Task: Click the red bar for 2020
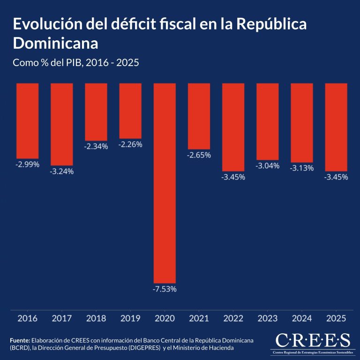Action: (x=165, y=183)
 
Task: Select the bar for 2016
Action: (x=27, y=121)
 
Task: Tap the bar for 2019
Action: (x=130, y=110)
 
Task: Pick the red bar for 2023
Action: (x=268, y=122)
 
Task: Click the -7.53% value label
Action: (x=165, y=289)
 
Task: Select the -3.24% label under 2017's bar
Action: (x=61, y=171)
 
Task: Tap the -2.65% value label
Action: (x=199, y=155)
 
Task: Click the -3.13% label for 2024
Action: (x=302, y=168)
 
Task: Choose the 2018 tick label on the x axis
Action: (x=96, y=318)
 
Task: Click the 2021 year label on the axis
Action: (x=199, y=318)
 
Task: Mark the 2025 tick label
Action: (x=336, y=318)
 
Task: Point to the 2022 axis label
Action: (x=233, y=318)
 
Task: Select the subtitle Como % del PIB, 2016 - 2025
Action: (x=76, y=62)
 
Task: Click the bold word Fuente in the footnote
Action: (x=20, y=340)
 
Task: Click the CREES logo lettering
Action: (x=313, y=340)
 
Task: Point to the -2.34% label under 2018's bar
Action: (x=96, y=146)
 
